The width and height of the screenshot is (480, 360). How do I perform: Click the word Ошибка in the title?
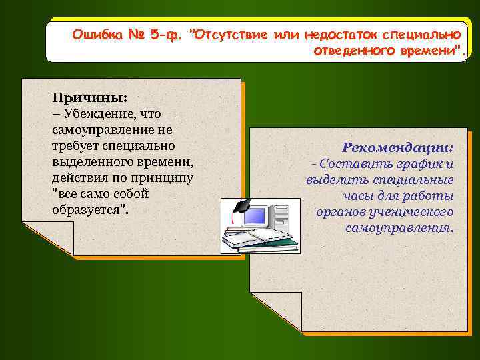(96, 34)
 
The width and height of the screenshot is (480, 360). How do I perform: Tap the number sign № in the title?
(137, 34)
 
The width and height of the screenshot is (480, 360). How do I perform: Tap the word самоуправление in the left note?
(104, 130)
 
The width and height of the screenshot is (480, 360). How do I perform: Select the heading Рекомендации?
(397, 147)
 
